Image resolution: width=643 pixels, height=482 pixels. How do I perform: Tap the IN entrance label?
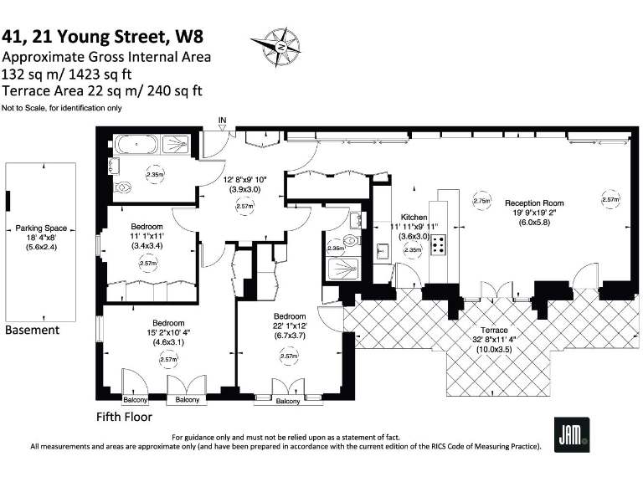pyautogui.click(x=222, y=121)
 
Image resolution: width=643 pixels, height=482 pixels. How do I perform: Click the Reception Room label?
pyautogui.click(x=534, y=203)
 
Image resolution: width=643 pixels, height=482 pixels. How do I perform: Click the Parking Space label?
pyautogui.click(x=41, y=228)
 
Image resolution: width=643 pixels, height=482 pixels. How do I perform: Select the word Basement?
pyautogui.click(x=33, y=330)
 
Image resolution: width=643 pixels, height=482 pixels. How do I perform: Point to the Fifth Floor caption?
pyautogui.click(x=125, y=416)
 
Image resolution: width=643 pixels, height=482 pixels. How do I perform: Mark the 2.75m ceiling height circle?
pyautogui.click(x=481, y=201)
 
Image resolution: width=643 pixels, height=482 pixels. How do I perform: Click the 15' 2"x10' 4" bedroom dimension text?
pyautogui.click(x=168, y=333)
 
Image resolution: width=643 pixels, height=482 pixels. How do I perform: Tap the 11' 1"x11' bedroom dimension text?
pyautogui.click(x=147, y=237)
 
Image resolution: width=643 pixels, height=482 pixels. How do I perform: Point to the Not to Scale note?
pyautogui.click(x=61, y=107)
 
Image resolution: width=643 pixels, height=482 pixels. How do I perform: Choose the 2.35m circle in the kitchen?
pyautogui.click(x=412, y=249)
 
